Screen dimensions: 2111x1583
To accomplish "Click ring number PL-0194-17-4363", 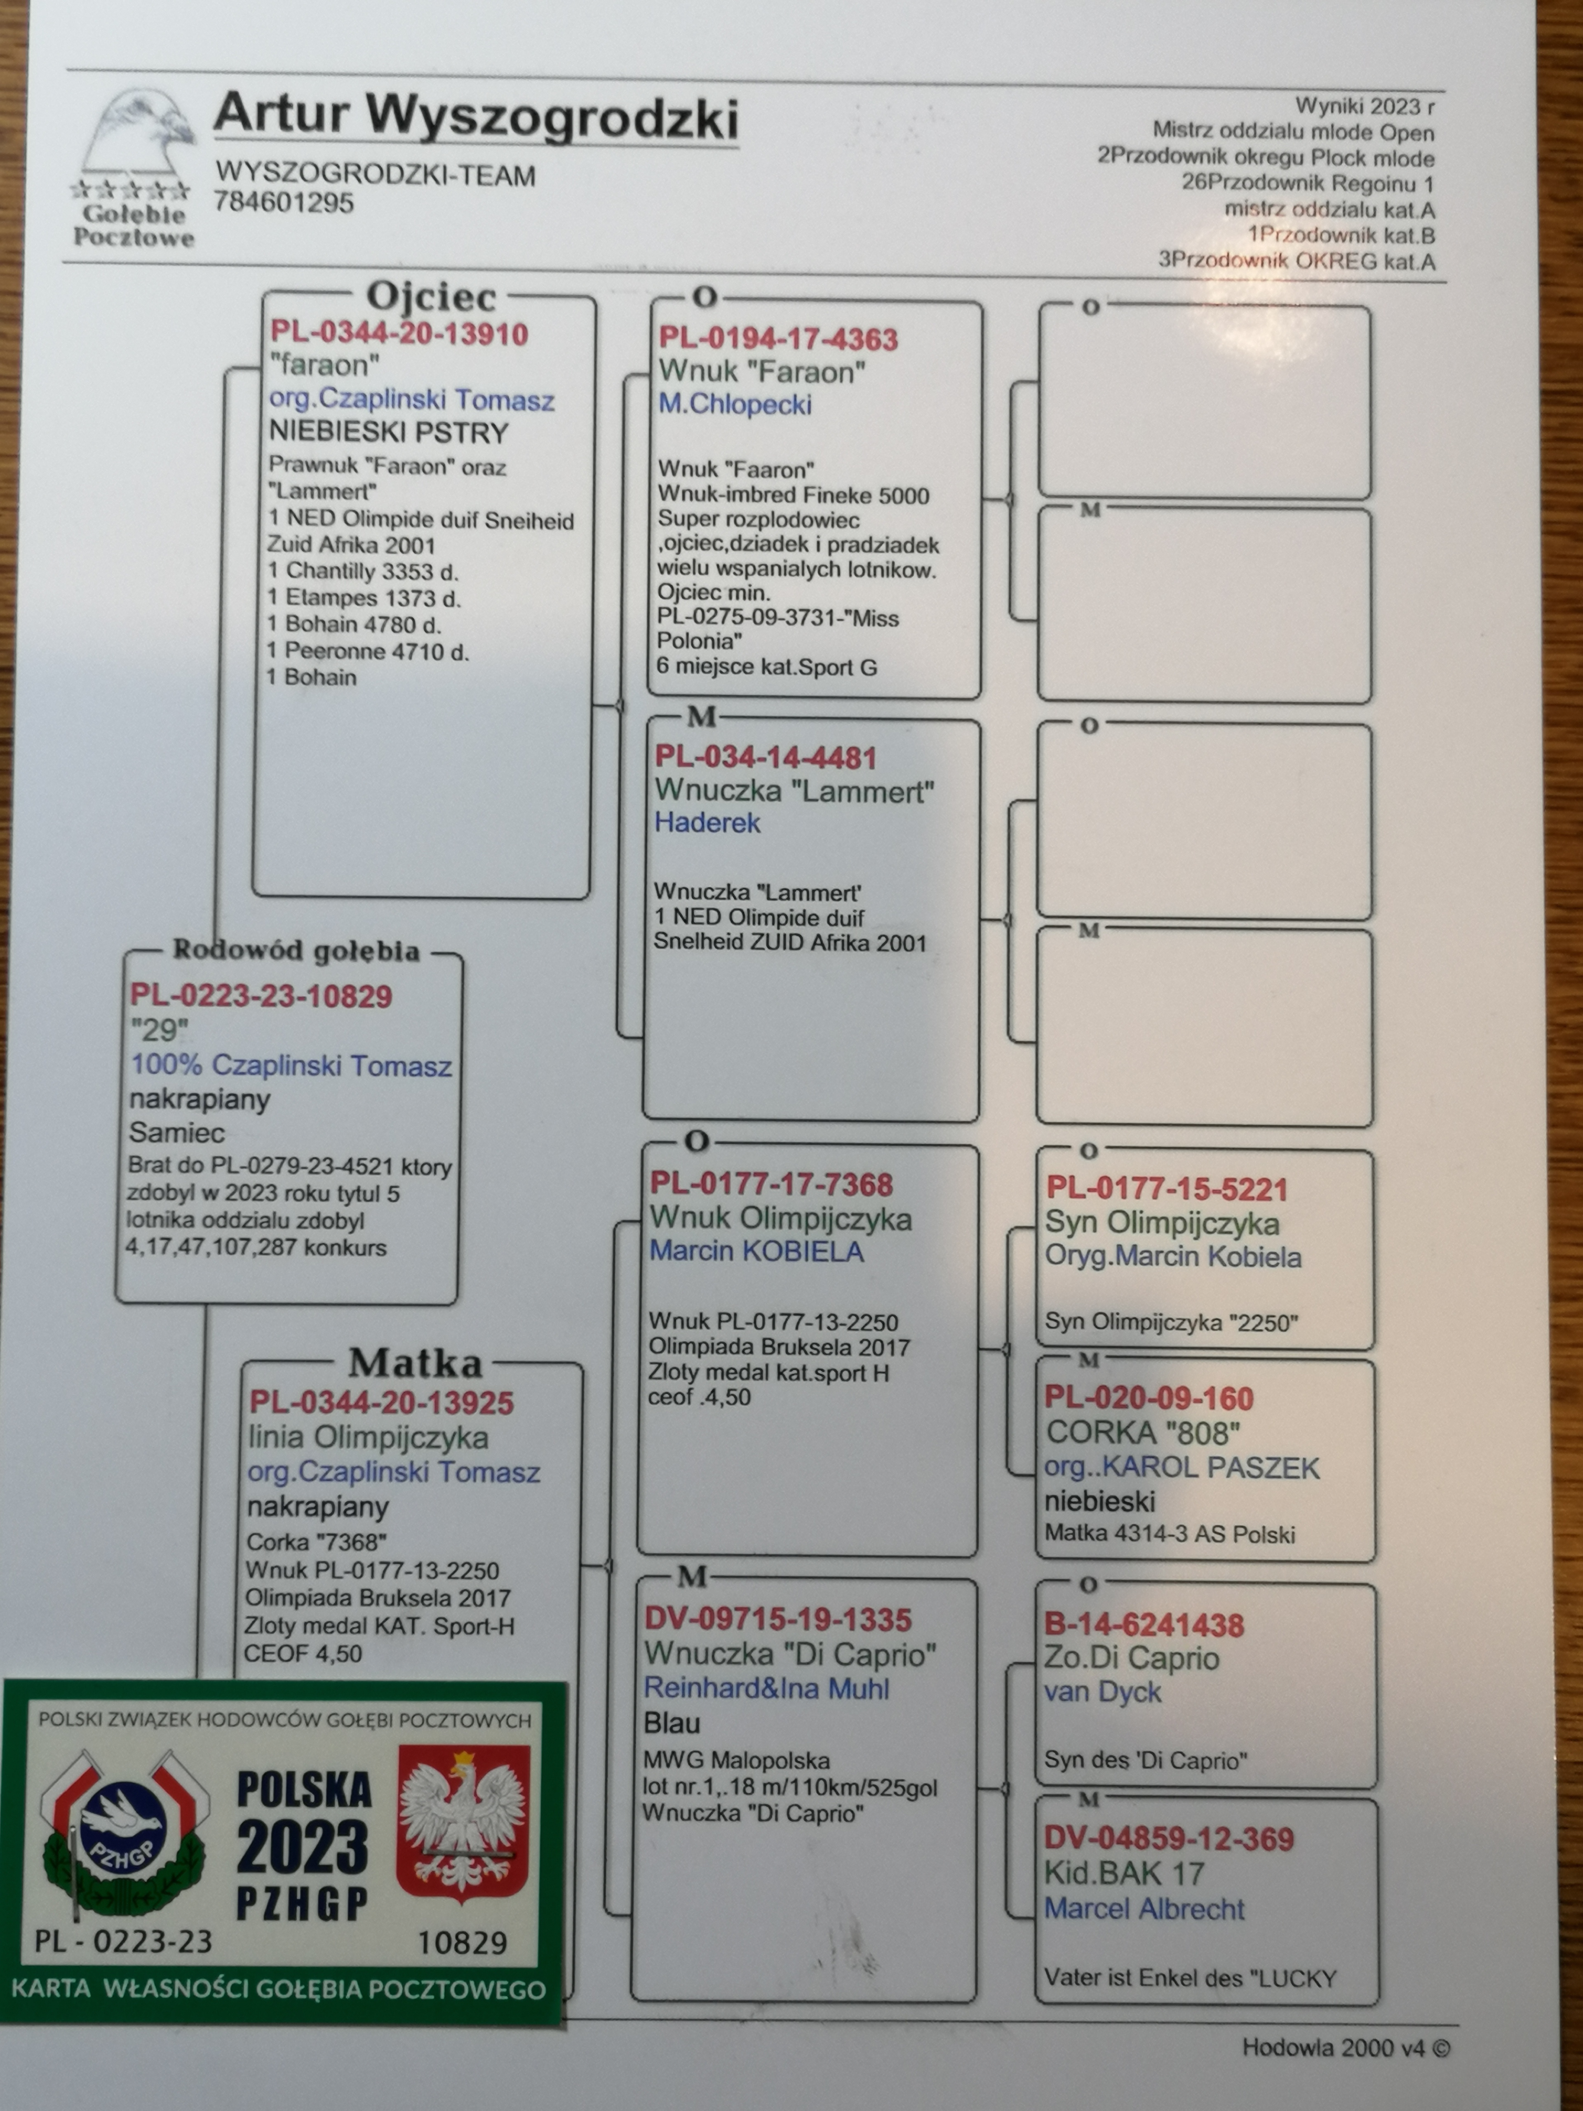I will pos(777,340).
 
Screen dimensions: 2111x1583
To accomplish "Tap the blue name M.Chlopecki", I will pos(735,404).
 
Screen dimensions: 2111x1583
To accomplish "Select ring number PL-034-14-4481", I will pos(765,758).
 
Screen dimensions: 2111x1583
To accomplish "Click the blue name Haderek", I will pos(707,823).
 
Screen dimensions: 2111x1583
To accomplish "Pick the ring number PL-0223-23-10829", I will pos(261,996).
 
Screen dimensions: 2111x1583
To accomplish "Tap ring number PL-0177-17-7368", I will pos(771,1184).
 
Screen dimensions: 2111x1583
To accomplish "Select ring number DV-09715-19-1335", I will pos(777,1620).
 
